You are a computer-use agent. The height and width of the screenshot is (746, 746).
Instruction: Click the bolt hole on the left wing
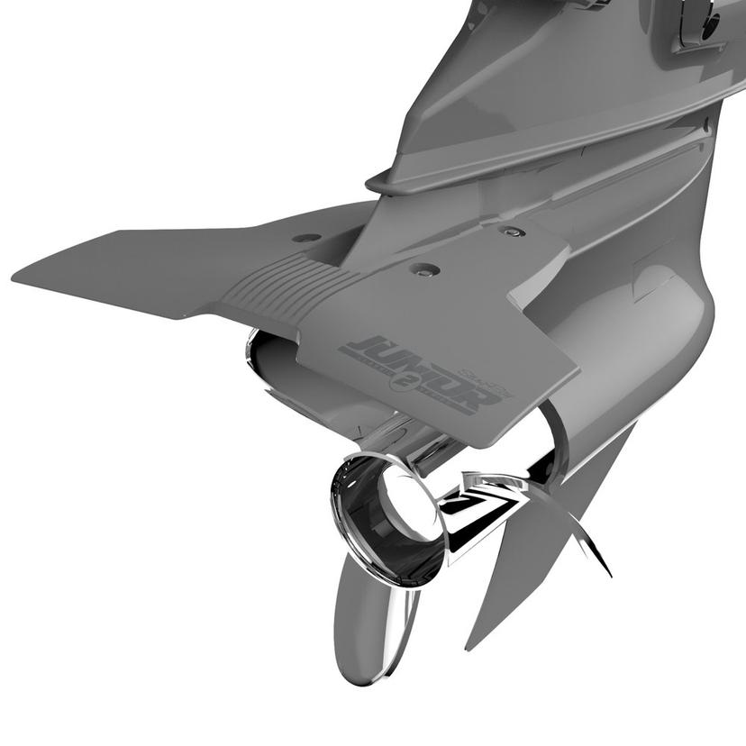(x=307, y=238)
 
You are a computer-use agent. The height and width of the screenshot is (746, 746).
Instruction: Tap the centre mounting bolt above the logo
(x=424, y=268)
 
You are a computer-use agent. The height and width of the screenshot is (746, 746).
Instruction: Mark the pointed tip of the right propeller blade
(x=608, y=573)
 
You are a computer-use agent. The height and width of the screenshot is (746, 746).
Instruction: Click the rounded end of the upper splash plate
(x=375, y=183)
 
